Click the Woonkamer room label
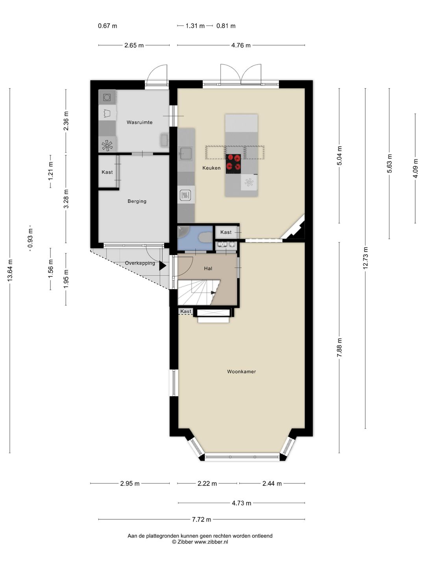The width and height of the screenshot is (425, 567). point(241,371)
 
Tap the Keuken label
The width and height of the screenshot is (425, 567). point(211,168)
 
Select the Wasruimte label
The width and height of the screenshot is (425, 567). point(139,122)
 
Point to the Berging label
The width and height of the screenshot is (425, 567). point(137,201)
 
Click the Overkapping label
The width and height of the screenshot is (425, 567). point(140,263)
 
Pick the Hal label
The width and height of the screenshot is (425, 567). point(208,269)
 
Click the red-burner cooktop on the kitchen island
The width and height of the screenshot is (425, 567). point(233,164)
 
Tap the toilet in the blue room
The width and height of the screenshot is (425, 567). point(205,237)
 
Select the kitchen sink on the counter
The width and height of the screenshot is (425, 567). point(186,154)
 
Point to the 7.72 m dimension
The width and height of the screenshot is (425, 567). point(201,519)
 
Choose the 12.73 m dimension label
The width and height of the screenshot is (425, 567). point(366,258)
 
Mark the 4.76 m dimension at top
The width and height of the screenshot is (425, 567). point(241,45)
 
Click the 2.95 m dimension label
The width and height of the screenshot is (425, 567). point(130,483)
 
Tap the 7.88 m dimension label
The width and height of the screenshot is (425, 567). point(339,347)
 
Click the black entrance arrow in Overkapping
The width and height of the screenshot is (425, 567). point(162,266)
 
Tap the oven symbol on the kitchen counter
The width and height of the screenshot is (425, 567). point(185,195)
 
